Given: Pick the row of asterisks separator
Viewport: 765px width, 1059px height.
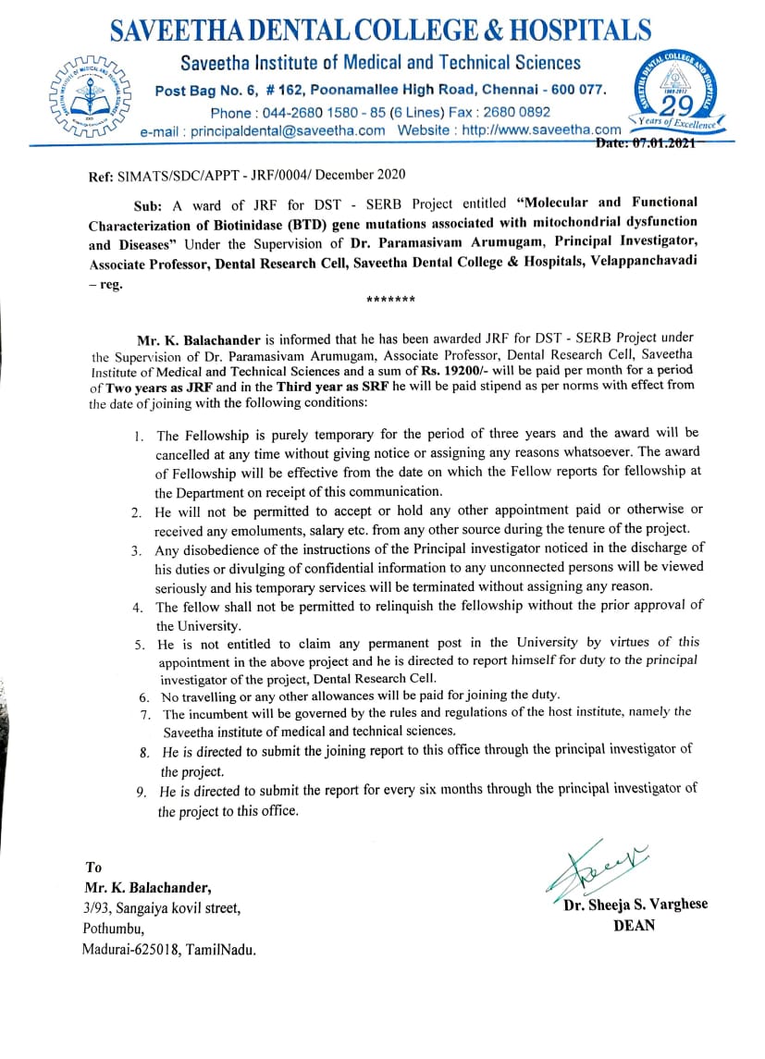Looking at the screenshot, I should coord(390,301).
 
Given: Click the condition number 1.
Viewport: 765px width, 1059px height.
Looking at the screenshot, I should coord(139,436).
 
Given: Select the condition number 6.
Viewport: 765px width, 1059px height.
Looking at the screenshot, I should coord(144,696).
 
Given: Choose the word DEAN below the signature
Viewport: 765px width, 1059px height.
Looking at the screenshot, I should coord(634,925).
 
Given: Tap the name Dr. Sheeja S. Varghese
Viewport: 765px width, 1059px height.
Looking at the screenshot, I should coord(635,905).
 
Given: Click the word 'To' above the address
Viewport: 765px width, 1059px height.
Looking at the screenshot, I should coord(93,868).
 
